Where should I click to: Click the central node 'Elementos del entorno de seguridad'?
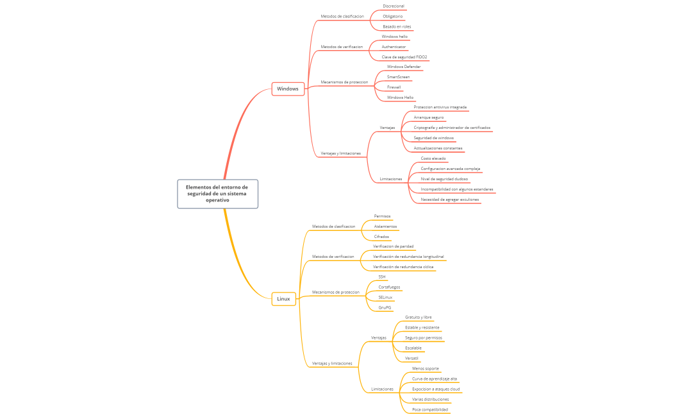217,194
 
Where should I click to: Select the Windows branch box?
288,89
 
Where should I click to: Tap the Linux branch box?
283,298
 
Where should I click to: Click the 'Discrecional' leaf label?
393,6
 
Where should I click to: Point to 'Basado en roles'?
397,26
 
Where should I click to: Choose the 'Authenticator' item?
394,47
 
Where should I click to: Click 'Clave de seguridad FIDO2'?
404,57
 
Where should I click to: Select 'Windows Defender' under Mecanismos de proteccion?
404,67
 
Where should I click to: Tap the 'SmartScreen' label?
398,77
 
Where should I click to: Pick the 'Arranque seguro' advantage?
428,117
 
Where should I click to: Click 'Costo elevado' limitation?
433,158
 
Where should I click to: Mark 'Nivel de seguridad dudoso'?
444,179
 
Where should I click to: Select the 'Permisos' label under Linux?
382,216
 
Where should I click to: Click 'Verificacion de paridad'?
393,246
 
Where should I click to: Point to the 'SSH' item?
382,277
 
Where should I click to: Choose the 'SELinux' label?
386,298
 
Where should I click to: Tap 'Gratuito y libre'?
419,318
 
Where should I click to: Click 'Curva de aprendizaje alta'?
435,379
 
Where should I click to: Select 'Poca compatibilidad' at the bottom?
430,409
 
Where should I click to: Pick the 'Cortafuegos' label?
390,287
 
